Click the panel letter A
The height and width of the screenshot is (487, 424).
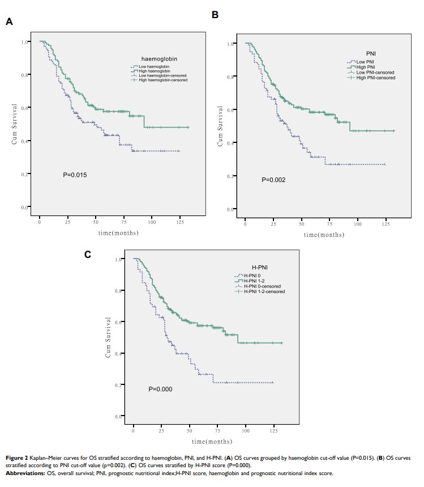9,22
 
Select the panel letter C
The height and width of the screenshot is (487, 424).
88,254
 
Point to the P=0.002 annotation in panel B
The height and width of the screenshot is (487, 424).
273,180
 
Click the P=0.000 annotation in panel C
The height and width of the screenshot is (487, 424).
160,389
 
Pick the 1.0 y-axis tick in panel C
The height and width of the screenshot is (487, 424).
119,259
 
